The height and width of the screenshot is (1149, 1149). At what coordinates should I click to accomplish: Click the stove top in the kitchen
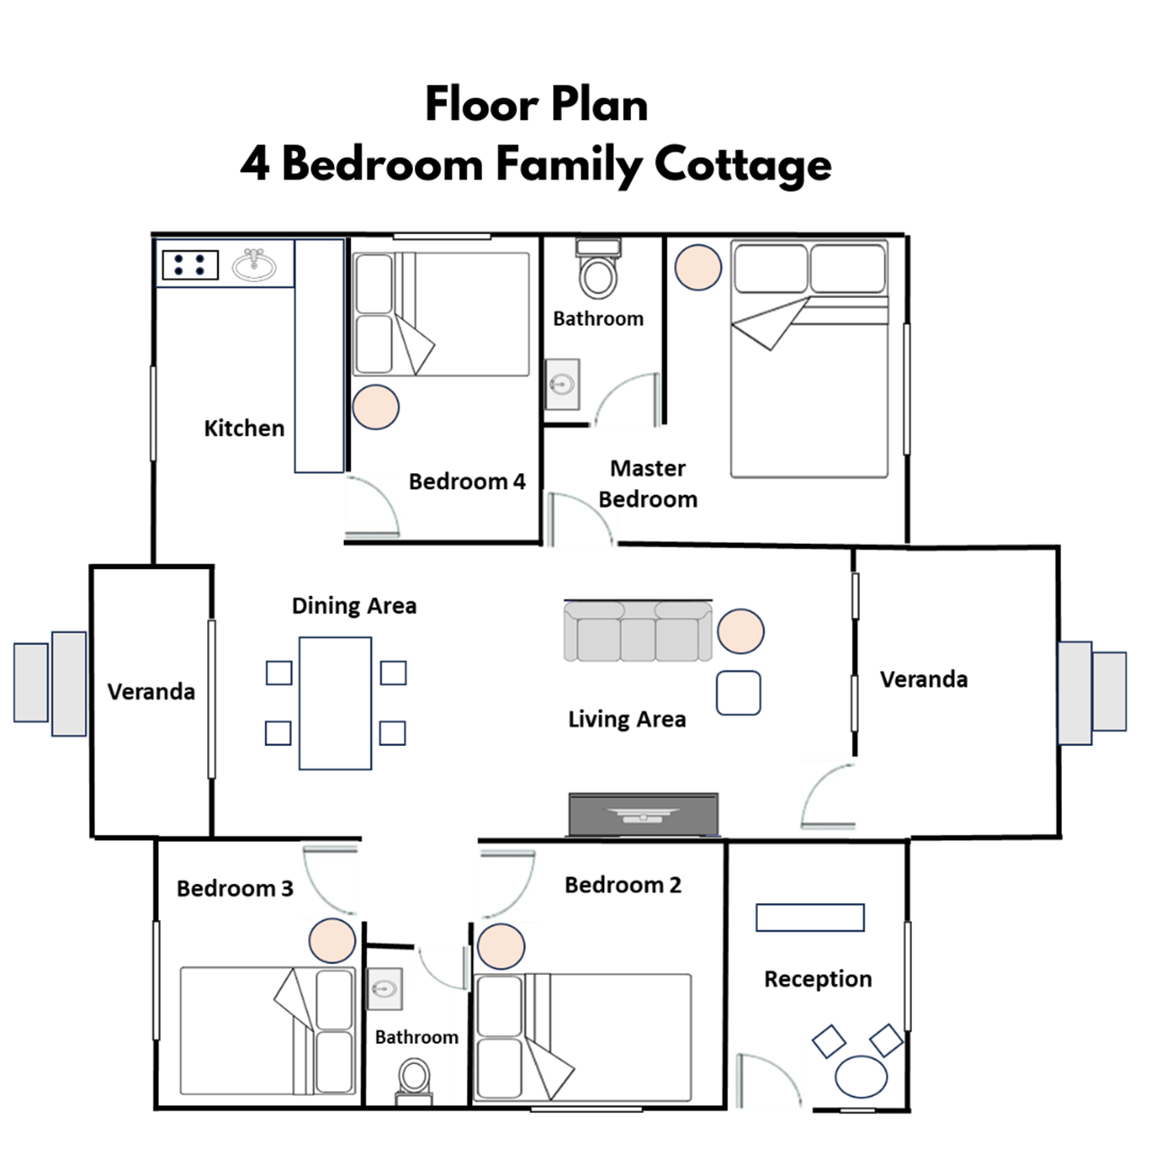coord(190,265)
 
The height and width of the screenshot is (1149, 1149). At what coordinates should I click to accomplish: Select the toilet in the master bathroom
coord(598,268)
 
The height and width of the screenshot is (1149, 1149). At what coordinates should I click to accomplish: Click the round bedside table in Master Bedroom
coord(697,268)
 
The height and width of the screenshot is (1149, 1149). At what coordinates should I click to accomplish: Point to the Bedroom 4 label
coord(467,481)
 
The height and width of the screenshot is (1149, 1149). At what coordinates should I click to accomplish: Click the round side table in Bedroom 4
coord(375,408)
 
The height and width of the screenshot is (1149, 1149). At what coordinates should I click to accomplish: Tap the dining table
coord(335,703)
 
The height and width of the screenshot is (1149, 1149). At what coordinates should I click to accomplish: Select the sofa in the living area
coord(637,631)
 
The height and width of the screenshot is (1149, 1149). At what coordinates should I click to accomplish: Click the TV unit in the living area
coord(643,814)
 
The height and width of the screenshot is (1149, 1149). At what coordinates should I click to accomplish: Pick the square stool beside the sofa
coord(738,693)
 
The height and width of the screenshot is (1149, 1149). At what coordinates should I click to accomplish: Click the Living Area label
coord(627,719)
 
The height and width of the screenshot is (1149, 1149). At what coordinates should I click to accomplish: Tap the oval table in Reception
coord(861,1077)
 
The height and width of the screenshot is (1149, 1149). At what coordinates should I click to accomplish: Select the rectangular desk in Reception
coord(810,917)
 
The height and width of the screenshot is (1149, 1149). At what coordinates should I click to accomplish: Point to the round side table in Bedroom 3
coord(331,941)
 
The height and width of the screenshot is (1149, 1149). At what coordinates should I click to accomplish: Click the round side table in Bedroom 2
coord(501,946)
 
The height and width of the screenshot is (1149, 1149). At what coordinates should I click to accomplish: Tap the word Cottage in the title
coord(742,165)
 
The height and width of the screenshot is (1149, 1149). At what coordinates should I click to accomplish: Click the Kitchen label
coord(244,428)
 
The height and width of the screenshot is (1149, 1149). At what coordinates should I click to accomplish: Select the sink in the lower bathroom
coord(384,989)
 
